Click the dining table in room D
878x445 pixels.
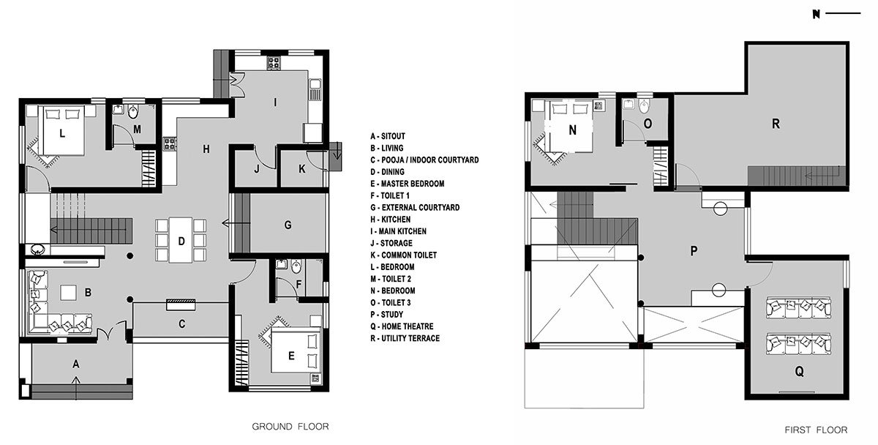[180, 239]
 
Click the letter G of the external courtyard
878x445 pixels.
[288, 225]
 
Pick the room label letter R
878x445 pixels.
[776, 124]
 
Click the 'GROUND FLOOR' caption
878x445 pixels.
[290, 426]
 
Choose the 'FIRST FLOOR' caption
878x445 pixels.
[817, 430]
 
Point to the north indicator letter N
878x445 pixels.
[816, 14]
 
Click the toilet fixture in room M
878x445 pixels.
[132, 112]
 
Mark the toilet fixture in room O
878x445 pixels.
[644, 107]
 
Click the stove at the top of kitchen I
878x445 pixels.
[274, 62]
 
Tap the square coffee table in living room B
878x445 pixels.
[69, 292]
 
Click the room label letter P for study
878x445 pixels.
[694, 250]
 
